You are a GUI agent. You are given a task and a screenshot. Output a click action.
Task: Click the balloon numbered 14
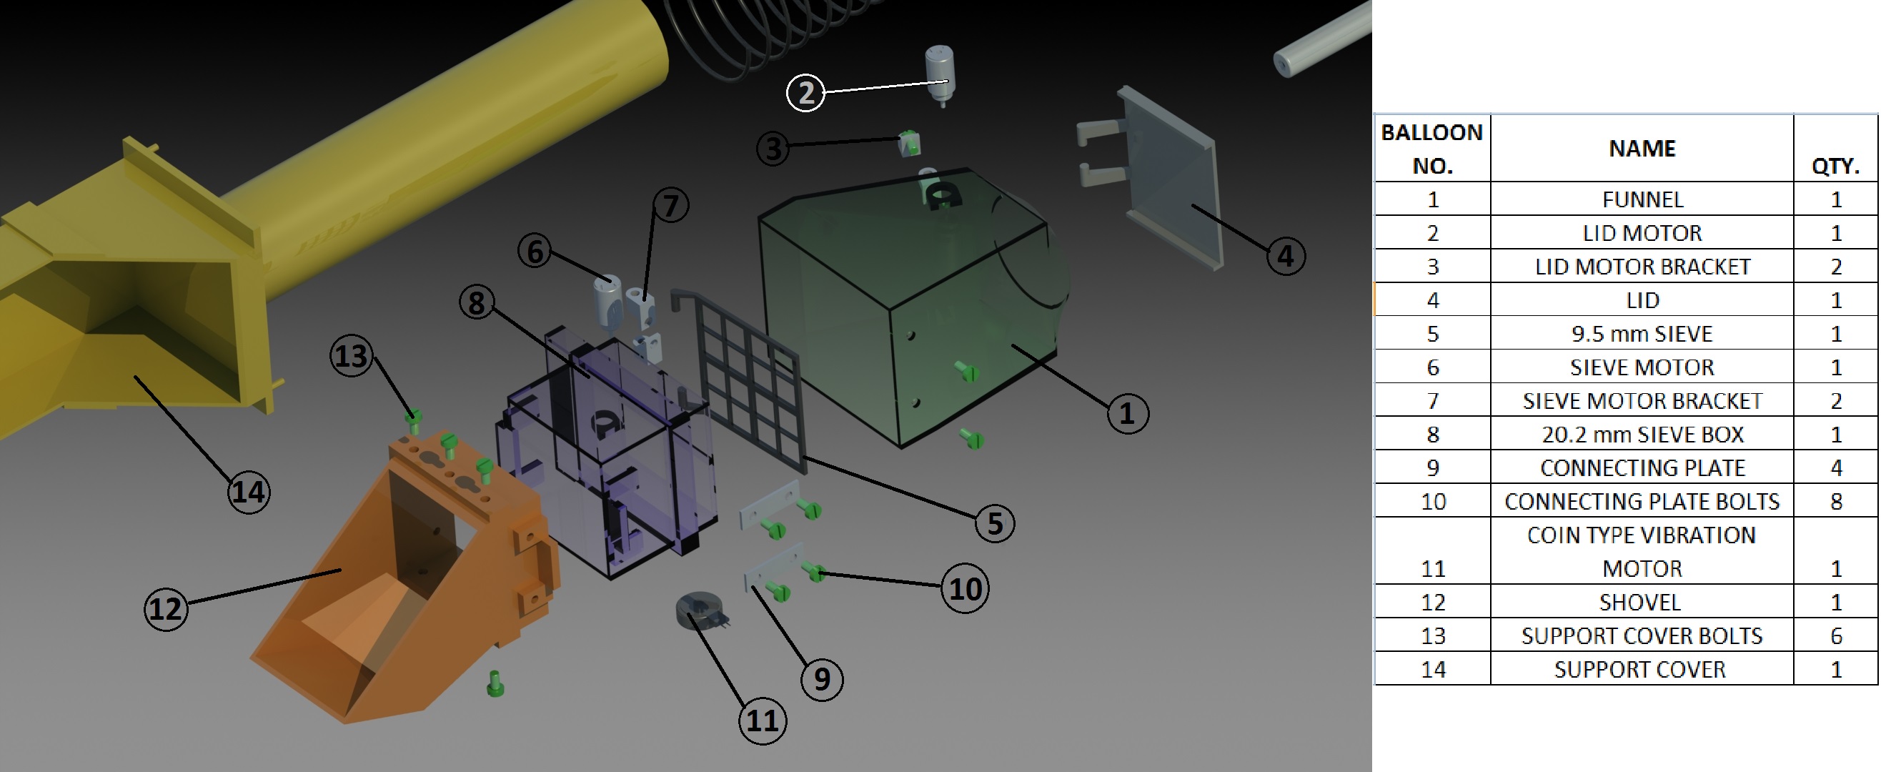click(x=248, y=493)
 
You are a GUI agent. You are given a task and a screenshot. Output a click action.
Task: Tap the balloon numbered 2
click(x=805, y=93)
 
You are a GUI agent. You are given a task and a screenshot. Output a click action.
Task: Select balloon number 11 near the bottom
click(x=763, y=721)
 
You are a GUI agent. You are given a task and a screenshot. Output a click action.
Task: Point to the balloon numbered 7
click(x=670, y=205)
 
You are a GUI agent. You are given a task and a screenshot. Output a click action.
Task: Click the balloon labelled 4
click(x=1285, y=257)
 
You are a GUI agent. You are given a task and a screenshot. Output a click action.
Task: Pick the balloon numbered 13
click(x=351, y=356)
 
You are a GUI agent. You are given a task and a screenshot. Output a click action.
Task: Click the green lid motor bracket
click(x=908, y=143)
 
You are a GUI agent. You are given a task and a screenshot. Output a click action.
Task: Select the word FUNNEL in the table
click(x=1642, y=199)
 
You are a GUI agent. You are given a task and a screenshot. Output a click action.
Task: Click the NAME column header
click(x=1642, y=148)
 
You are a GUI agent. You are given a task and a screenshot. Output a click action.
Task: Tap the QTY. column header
click(x=1835, y=166)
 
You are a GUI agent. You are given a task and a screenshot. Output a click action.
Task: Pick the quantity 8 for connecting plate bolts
click(x=1836, y=501)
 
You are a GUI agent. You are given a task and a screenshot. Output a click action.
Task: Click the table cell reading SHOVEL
click(x=1640, y=602)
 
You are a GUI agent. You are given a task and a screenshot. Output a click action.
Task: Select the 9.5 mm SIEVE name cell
click(x=1642, y=334)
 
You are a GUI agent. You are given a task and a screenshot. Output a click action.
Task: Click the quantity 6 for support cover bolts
click(x=1836, y=635)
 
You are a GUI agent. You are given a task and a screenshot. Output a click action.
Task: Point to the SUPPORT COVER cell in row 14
click(x=1640, y=669)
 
